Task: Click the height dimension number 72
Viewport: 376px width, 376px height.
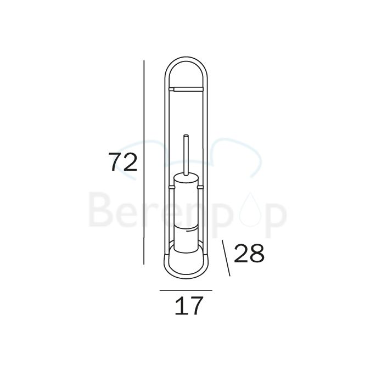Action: [122, 162]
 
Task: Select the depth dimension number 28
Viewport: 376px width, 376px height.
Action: [249, 254]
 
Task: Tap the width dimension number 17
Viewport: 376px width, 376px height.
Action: [188, 306]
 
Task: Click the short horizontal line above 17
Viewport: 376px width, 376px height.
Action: [186, 290]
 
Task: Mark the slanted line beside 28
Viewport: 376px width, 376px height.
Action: [226, 257]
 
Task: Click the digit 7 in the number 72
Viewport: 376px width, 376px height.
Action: [115, 162]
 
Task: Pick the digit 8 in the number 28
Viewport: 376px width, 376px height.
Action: [257, 254]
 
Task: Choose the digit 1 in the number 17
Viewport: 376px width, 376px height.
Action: [180, 306]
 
